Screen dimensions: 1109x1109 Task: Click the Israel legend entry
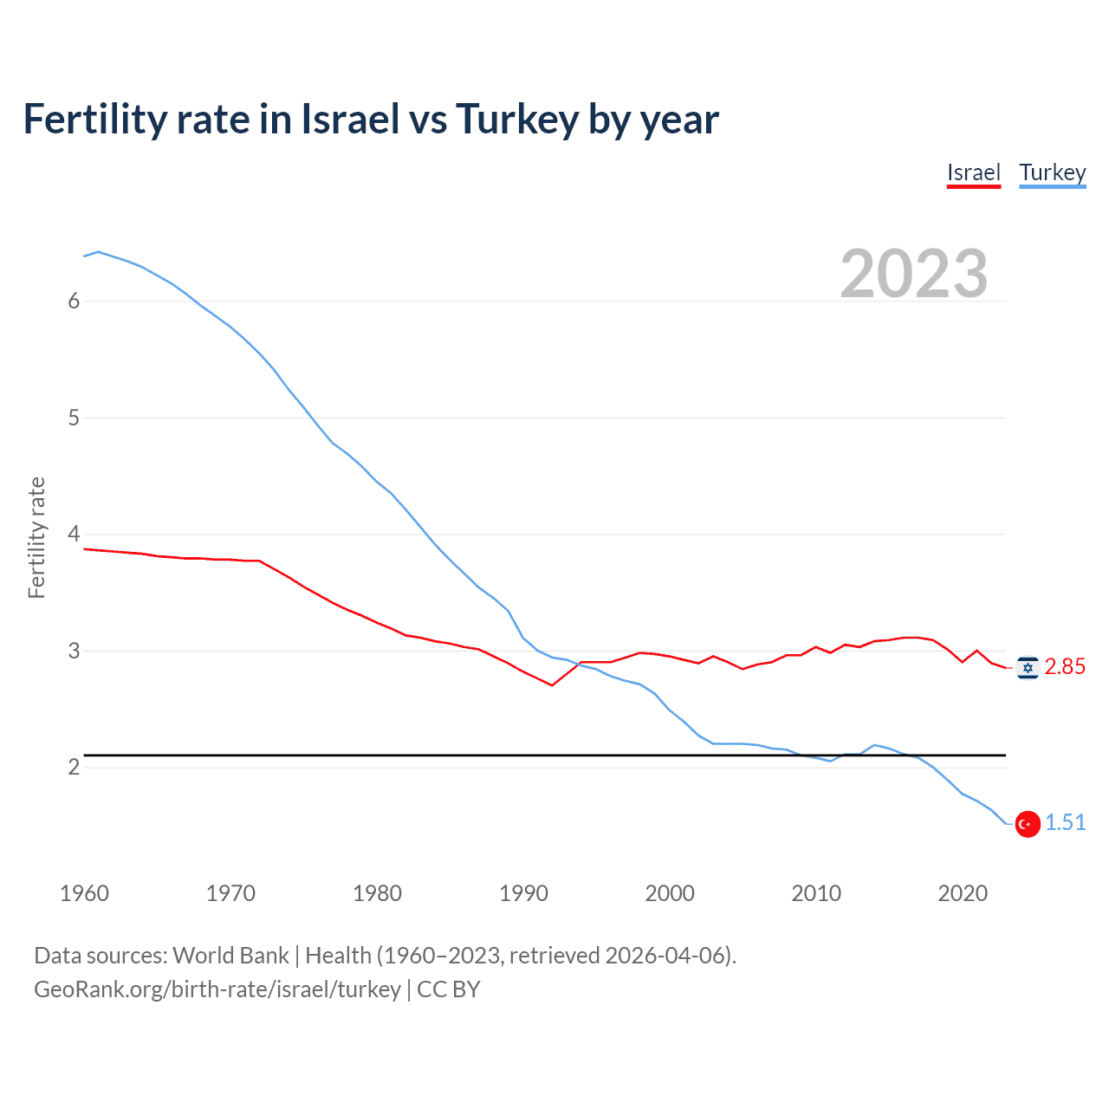[973, 172]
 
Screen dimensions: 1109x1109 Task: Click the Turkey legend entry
[1052, 172]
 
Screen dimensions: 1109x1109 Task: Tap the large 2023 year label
[913, 274]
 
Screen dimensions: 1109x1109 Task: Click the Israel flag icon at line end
[1028, 667]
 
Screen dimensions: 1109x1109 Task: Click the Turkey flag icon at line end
[1028, 824]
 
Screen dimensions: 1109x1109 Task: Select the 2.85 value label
[1065, 666]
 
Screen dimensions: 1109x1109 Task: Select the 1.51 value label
[1065, 822]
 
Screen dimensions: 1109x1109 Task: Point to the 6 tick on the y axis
[74, 301]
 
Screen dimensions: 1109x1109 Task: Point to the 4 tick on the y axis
[74, 534]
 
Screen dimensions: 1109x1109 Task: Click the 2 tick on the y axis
[74, 767]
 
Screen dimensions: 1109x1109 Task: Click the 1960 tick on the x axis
[84, 893]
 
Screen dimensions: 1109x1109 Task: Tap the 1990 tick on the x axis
[523, 893]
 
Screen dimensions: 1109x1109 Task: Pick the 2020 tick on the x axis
[963, 893]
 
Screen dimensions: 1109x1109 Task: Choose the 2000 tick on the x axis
[670, 893]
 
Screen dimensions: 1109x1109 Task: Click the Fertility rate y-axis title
[36, 537]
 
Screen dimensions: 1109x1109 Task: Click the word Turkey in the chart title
[516, 120]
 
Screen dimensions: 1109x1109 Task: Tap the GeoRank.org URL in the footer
[217, 989]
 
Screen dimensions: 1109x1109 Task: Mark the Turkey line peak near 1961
[98, 251]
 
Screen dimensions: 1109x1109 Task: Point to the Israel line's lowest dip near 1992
[552, 685]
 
